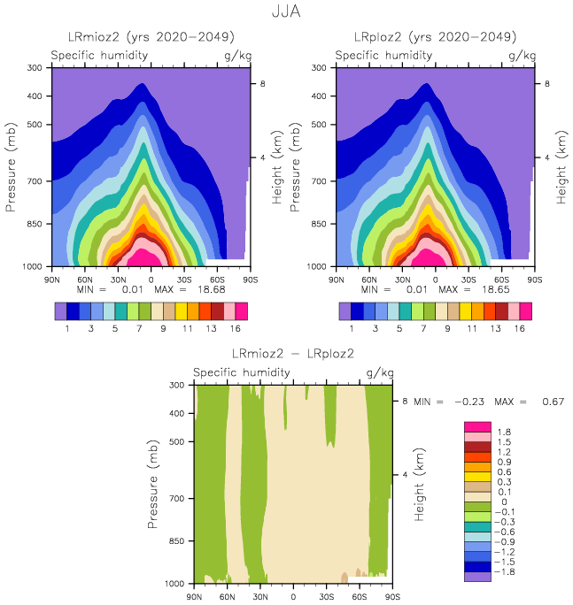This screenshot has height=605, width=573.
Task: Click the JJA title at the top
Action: (286, 11)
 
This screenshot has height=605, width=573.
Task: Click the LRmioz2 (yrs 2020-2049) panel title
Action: (151, 37)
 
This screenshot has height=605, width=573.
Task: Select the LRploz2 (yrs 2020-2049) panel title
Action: (436, 37)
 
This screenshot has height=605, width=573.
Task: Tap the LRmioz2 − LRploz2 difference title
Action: (292, 353)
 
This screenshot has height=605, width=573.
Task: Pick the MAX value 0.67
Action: (554, 402)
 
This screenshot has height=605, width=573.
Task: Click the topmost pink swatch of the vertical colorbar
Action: (476, 427)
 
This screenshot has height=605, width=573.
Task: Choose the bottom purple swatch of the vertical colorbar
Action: (476, 576)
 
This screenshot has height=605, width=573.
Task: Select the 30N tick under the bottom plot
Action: (260, 596)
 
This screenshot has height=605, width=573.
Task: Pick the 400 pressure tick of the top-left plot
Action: (35, 96)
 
